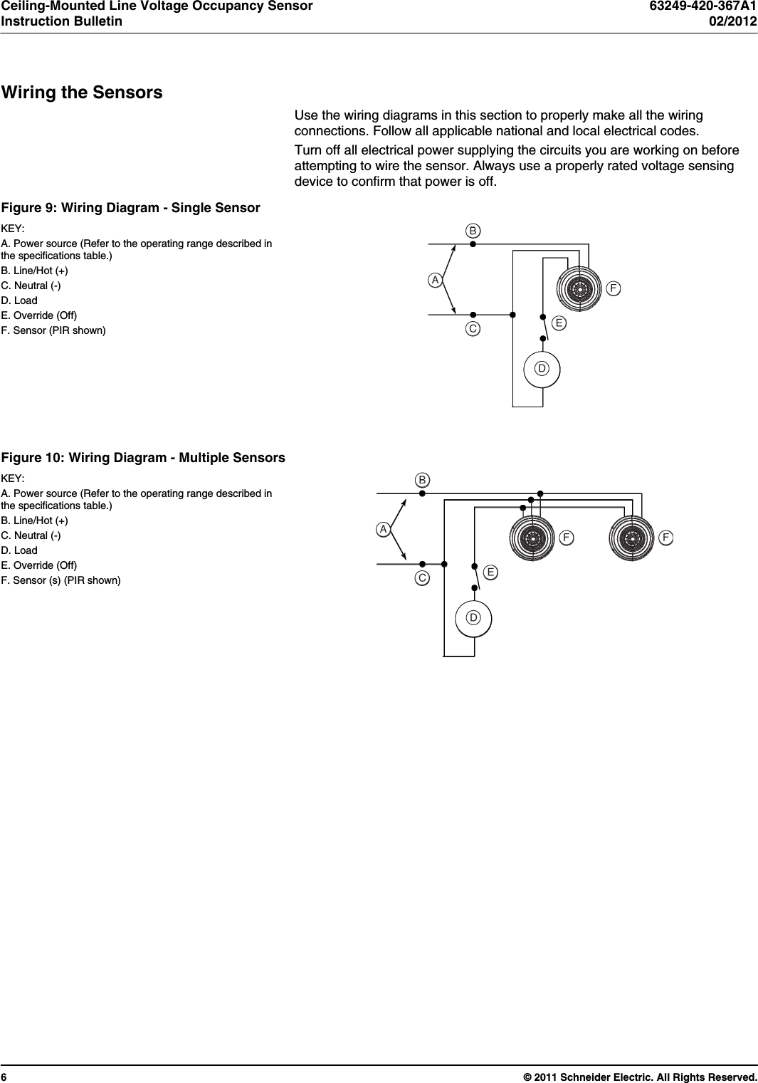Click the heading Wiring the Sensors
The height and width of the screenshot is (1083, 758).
pyautogui.click(x=82, y=93)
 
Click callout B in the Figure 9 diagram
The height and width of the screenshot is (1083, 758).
pyautogui.click(x=473, y=231)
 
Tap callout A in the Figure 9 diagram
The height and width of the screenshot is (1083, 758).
pyautogui.click(x=435, y=281)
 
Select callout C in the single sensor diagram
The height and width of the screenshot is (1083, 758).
pyautogui.click(x=473, y=329)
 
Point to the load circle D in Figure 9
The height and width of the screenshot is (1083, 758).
pyautogui.click(x=542, y=369)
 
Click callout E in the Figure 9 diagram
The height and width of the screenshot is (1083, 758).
pyautogui.click(x=559, y=323)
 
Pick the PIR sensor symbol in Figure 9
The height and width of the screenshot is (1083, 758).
pyautogui.click(x=580, y=289)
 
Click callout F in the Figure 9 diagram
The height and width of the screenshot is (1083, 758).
pyautogui.click(x=613, y=288)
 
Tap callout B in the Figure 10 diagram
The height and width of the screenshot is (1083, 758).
pyautogui.click(x=422, y=480)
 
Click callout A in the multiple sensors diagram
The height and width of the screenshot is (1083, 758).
pyautogui.click(x=384, y=530)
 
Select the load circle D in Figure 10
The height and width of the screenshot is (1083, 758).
pyautogui.click(x=473, y=617)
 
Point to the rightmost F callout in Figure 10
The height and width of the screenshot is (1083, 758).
pyautogui.click(x=665, y=538)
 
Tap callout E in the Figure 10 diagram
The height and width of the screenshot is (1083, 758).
pyautogui.click(x=490, y=572)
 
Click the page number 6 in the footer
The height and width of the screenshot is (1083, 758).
pyautogui.click(x=4, y=1077)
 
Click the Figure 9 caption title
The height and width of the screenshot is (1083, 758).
pyautogui.click(x=130, y=208)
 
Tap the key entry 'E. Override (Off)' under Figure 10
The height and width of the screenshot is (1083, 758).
pyautogui.click(x=39, y=565)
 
